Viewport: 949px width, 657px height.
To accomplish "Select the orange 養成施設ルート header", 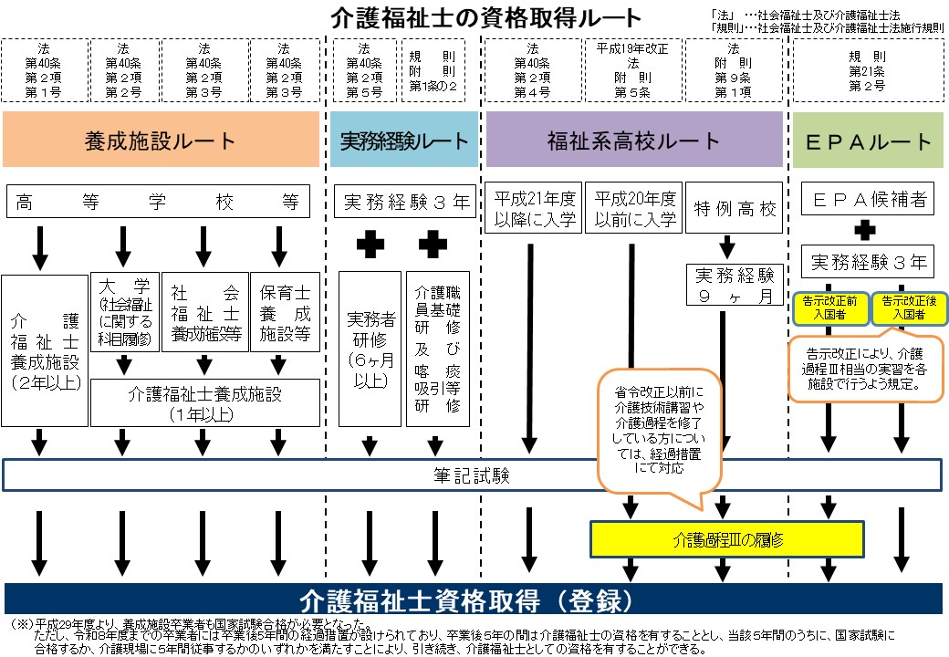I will point(161,141).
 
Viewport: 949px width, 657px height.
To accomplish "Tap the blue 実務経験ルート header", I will point(403,141).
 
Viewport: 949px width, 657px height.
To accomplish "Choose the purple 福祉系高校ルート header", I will point(633,141).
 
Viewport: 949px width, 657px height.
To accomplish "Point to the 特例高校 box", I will point(734,209).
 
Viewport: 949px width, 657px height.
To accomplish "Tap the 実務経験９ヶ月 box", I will point(734,286).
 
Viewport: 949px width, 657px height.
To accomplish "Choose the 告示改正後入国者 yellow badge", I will point(904,308).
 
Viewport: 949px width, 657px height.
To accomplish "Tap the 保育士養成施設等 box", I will point(284,312).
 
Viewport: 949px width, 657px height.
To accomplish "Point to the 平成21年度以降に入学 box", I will point(535,208).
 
